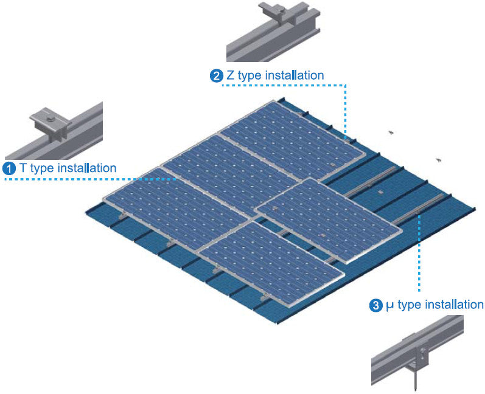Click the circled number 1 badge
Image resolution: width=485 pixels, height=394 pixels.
[x=9, y=168]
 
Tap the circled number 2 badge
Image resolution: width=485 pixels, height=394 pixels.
[x=216, y=76]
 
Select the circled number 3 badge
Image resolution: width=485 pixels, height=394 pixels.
[x=376, y=305]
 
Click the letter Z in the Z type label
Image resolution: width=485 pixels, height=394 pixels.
[x=229, y=76]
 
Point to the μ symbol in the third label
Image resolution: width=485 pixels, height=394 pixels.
[x=389, y=305]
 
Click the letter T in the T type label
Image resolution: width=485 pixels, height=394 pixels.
[x=23, y=168]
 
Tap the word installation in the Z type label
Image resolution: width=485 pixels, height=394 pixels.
[x=293, y=76]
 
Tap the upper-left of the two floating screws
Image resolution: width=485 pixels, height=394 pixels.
[x=391, y=132]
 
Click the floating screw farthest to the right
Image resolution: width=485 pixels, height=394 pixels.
[x=438, y=160]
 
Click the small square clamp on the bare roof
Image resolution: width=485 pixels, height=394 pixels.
[x=379, y=192]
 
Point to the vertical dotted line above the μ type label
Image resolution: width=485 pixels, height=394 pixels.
[x=419, y=255]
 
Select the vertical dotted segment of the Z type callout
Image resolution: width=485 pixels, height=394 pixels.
[x=346, y=109]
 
